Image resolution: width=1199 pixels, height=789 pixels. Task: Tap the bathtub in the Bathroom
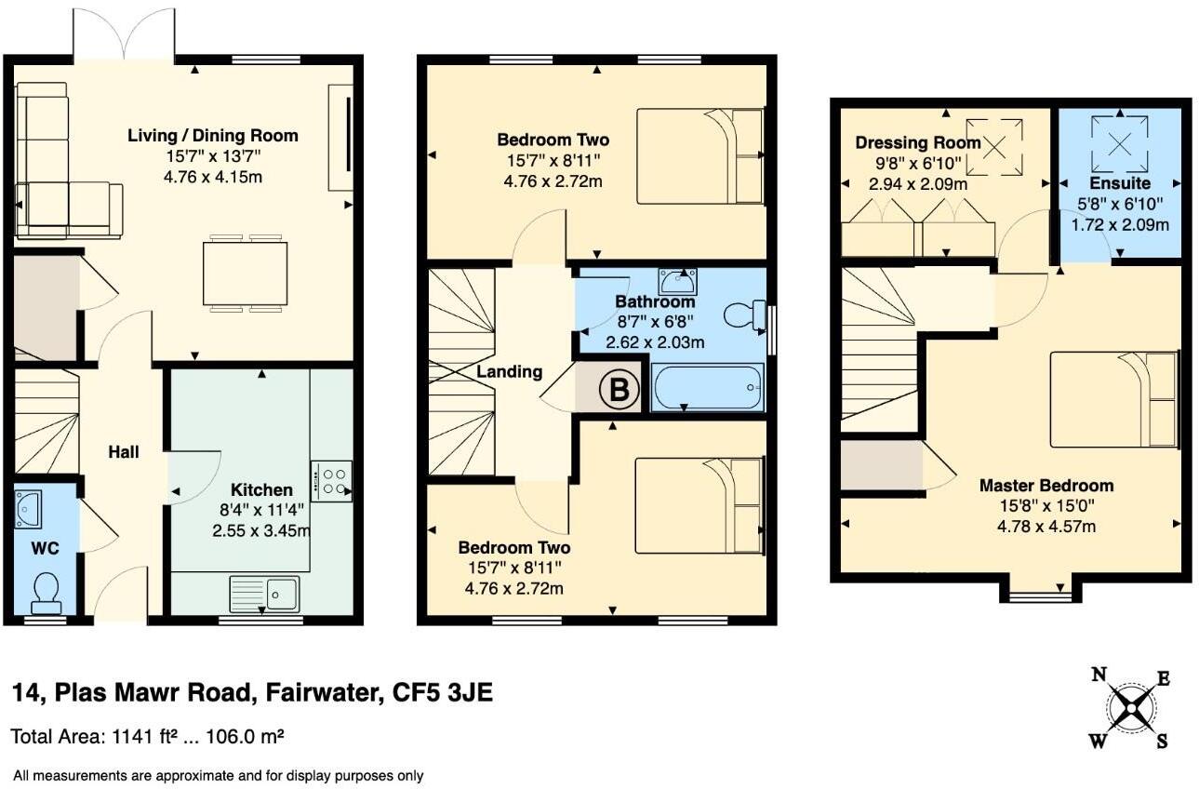click(x=708, y=388)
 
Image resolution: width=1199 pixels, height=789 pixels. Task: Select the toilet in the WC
click(x=45, y=592)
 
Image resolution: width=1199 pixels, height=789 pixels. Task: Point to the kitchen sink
click(x=264, y=591)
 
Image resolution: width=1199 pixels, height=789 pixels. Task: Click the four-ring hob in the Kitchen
click(x=332, y=481)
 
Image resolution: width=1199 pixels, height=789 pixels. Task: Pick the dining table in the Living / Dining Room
click(x=246, y=272)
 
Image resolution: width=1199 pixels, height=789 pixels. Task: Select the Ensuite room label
click(x=1120, y=183)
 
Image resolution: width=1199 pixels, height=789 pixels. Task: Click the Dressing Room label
click(x=917, y=142)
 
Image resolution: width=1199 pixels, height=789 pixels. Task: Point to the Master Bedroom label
click(x=1046, y=486)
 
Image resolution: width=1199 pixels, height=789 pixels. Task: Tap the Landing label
click(x=509, y=371)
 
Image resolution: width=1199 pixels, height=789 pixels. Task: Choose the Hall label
click(x=124, y=452)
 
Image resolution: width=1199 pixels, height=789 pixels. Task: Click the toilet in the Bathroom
click(x=743, y=315)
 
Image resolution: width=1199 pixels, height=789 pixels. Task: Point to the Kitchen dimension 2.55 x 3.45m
click(x=260, y=531)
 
